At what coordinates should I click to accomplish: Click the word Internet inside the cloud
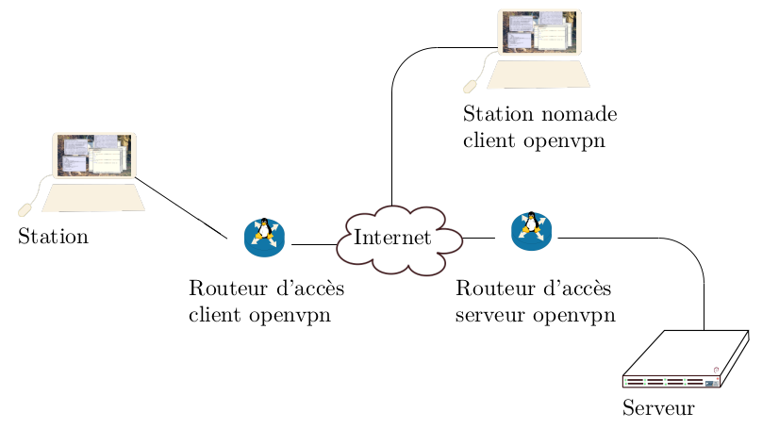(392, 238)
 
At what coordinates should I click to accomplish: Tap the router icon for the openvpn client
(265, 238)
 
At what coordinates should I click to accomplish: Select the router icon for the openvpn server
(532, 231)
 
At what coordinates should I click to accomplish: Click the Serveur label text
(658, 409)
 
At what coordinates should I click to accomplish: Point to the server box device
(686, 360)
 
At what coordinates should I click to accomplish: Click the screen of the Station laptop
(93, 156)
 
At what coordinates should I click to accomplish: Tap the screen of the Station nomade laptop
(539, 32)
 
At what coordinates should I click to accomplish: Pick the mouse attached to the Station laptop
(25, 208)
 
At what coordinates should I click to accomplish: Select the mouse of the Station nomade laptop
(470, 87)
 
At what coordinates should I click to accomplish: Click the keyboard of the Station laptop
(93, 197)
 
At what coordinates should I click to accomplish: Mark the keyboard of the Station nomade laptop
(539, 74)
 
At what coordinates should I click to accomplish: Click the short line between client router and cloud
(315, 245)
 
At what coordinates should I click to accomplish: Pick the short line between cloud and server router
(478, 239)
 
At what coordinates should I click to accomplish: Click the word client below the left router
(217, 315)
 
